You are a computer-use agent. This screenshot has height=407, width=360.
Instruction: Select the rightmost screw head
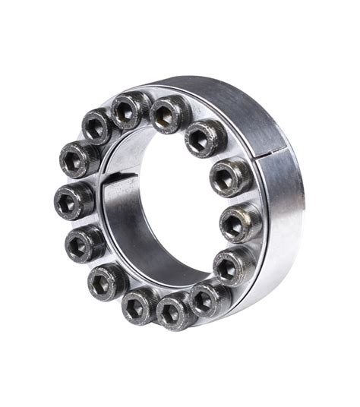[x=240, y=222]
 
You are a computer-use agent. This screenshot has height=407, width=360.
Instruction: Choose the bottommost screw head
[x=173, y=311]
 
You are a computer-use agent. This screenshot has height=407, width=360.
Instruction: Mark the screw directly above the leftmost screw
[x=80, y=158]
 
